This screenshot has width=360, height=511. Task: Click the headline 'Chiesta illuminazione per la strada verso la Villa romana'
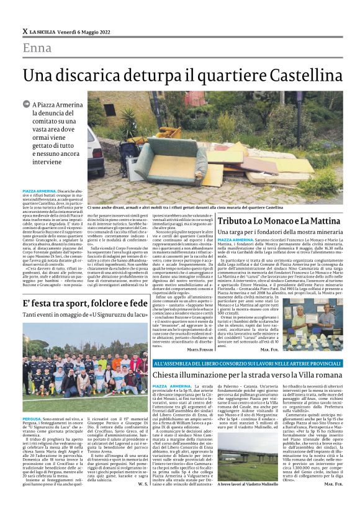[247, 375]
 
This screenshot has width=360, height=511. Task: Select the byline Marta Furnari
[195, 350]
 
